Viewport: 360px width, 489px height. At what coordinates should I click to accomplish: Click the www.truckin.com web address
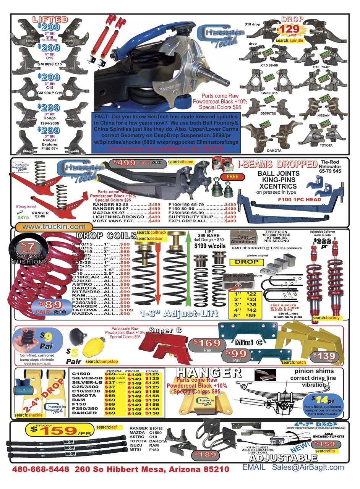coord(54,227)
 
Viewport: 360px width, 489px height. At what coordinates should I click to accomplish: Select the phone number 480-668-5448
coord(41,469)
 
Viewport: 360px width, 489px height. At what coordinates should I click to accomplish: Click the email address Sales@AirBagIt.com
coord(308,467)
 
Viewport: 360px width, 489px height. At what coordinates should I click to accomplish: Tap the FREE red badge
coord(232,176)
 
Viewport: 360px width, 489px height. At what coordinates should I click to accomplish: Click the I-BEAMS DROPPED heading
coord(277,165)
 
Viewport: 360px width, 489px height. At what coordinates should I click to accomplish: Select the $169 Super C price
coord(206,343)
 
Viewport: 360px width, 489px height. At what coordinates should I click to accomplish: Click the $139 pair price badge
coord(324,356)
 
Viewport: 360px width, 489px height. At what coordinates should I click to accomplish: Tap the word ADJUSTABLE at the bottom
coord(283,458)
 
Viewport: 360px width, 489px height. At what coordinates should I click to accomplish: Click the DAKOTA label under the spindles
coord(274,151)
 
